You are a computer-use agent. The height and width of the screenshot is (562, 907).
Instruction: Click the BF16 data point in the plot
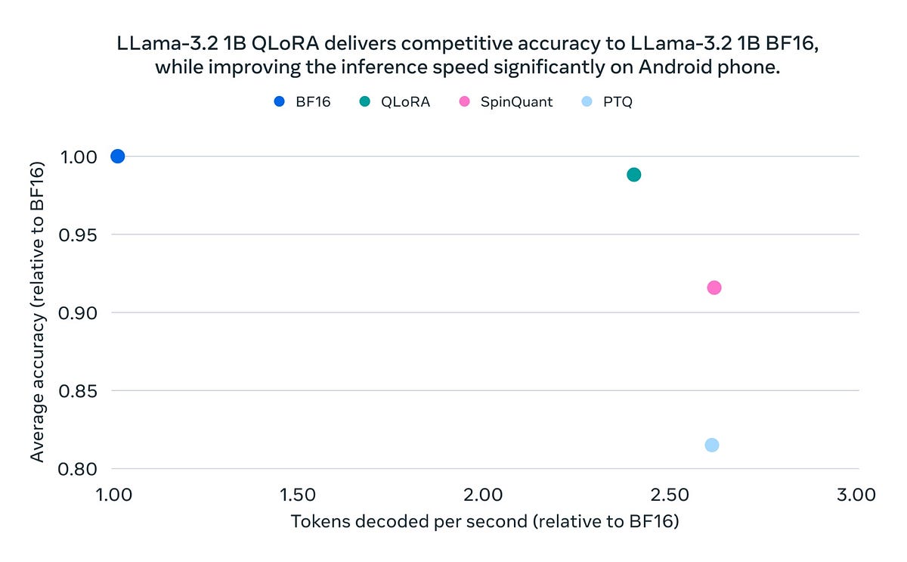pos(117,156)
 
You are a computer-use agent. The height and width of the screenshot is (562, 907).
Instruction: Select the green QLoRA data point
pos(633,175)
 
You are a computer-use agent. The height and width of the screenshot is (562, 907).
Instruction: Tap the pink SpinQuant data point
pos(714,287)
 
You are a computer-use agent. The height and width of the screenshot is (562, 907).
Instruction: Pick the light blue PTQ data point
pos(711,445)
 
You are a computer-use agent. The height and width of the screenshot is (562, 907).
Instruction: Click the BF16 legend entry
pos(302,101)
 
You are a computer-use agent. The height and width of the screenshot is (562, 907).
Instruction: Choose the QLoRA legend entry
pos(395,101)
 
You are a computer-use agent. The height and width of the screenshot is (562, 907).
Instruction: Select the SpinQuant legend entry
pos(506,101)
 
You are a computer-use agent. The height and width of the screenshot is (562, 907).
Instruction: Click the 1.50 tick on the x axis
pos(297,495)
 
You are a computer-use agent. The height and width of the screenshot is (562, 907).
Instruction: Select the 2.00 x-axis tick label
pos(483,495)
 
